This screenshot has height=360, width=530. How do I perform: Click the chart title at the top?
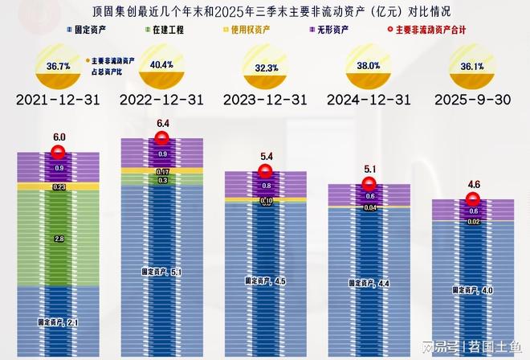[265, 11]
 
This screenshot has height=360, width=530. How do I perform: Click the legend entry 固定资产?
[90, 30]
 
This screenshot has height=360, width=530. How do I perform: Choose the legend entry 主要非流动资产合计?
[425, 30]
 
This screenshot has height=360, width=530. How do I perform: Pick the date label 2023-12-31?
[264, 100]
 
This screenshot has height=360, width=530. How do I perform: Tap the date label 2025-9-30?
[471, 100]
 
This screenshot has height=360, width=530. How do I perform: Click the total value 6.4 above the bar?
[163, 125]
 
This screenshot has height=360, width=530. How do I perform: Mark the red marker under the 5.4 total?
[266, 170]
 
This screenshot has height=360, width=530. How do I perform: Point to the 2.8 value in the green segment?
[59, 239]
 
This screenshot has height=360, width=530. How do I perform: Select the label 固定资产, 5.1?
[163, 272]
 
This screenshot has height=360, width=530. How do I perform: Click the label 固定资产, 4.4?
[369, 283]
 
